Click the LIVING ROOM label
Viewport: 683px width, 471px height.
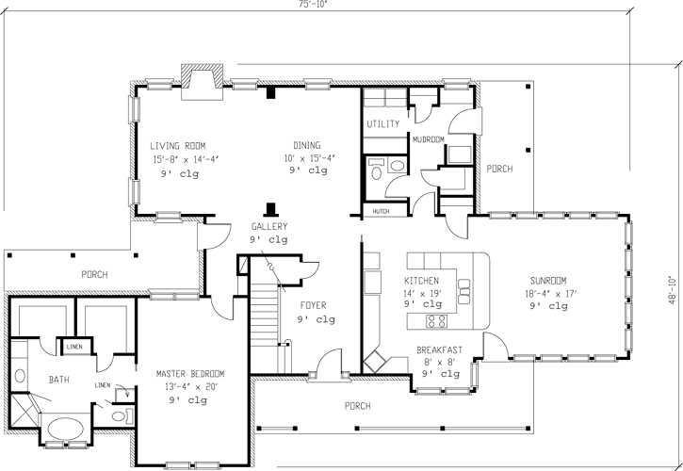pyautogui.click(x=179, y=146)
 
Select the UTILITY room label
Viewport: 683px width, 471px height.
pyautogui.click(x=383, y=124)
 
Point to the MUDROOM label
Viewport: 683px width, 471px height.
pyautogui.click(x=429, y=139)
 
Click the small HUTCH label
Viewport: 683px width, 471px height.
pyautogui.click(x=382, y=211)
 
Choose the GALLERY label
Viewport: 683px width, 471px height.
pyautogui.click(x=268, y=227)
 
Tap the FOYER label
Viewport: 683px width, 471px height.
pyautogui.click(x=313, y=305)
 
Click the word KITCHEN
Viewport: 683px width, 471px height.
pyautogui.click(x=423, y=281)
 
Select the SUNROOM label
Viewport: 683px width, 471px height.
pyautogui.click(x=546, y=281)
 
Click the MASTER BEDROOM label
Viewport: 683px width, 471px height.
pyautogui.click(x=189, y=373)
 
